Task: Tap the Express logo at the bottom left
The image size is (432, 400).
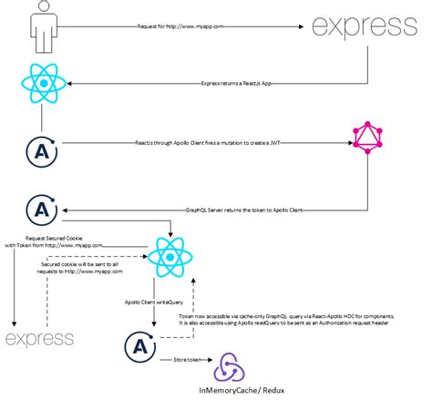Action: pos(39,339)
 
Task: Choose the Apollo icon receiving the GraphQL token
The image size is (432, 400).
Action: pos(40,209)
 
